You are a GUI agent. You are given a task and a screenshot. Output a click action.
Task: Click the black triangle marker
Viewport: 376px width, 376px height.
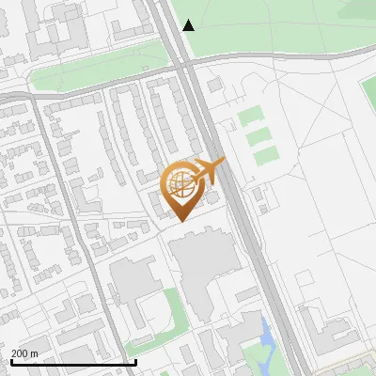coord(189,25)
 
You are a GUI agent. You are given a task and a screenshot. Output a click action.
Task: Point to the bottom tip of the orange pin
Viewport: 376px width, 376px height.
coord(180,221)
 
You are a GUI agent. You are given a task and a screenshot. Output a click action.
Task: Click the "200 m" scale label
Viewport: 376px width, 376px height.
coord(24,353)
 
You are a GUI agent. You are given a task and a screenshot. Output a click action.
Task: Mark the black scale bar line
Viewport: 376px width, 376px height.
coord(73,362)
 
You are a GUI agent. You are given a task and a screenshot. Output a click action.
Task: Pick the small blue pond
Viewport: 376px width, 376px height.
coord(267,332)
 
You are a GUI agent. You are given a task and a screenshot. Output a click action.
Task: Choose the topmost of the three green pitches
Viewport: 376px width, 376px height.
coord(249,117)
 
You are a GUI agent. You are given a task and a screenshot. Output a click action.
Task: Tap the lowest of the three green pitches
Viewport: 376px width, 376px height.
coord(267,154)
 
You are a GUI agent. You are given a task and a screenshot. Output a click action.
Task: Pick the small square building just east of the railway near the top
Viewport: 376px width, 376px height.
coord(215,86)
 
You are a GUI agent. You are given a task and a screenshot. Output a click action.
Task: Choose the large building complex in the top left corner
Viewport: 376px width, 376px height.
coord(52,28)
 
